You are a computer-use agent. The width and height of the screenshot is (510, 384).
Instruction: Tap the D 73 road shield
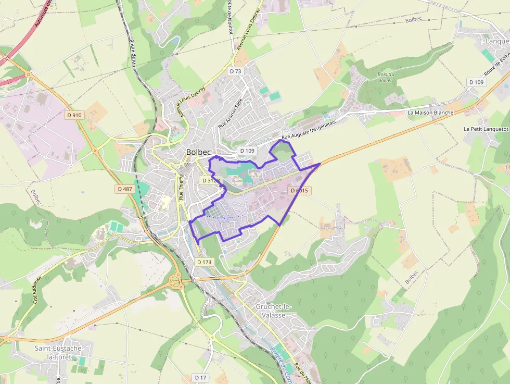[x=236, y=71]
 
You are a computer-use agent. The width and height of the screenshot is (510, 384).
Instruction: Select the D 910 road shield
[x=74, y=115]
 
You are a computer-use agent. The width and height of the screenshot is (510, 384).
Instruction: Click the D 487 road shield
[x=125, y=189]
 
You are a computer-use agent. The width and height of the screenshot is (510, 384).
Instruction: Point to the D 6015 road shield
[x=299, y=191]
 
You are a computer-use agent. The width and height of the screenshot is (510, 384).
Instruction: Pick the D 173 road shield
[x=205, y=262]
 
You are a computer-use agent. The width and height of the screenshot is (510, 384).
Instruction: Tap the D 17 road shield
[x=200, y=377]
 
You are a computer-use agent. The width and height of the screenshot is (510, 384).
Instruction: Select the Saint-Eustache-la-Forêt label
[x=62, y=352]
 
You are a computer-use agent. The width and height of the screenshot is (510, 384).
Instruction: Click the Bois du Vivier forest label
[x=386, y=78]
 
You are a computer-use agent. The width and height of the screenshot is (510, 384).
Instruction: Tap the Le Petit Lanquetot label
[x=486, y=129]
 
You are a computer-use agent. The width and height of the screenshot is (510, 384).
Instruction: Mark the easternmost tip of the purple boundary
[x=320, y=163]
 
